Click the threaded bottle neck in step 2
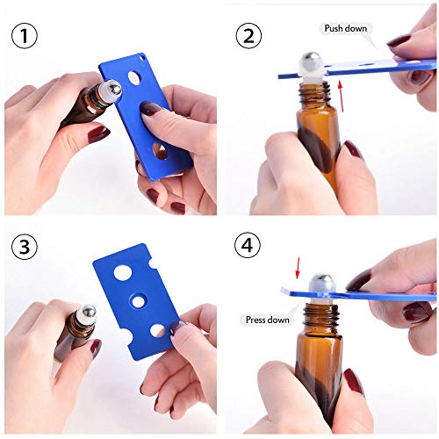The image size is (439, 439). [316, 88]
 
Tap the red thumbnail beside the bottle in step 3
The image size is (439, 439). [94, 347]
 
